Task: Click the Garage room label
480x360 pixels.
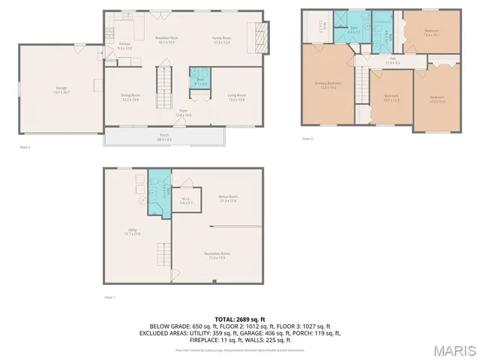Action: [61, 90]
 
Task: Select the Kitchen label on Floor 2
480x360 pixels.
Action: [125, 46]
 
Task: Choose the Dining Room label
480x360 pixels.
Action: [130, 97]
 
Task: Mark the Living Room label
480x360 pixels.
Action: [237, 97]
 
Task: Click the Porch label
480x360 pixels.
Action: [164, 138]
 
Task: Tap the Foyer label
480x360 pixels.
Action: [182, 113]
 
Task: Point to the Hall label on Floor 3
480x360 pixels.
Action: [392, 60]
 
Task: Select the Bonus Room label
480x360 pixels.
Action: [228, 199]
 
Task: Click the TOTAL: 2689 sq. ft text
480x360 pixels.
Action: [240, 319]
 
